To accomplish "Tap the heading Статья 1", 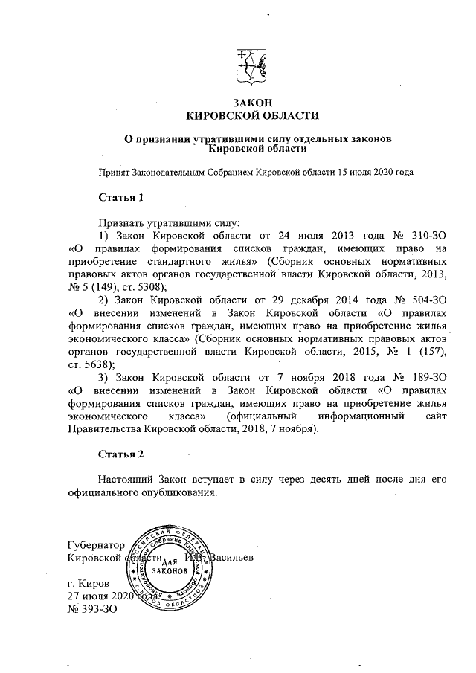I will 119,198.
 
